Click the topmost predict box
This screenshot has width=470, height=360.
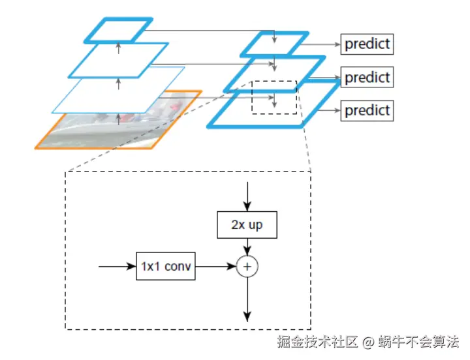pyautogui.click(x=368, y=44)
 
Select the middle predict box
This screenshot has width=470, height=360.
pyautogui.click(x=368, y=78)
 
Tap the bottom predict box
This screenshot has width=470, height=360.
pyautogui.click(x=368, y=110)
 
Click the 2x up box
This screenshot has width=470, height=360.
pyautogui.click(x=247, y=226)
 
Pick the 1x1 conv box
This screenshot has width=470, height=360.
pyautogui.click(x=166, y=266)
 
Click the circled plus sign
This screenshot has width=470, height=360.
pyautogui.click(x=247, y=266)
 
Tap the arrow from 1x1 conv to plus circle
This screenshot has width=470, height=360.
pyautogui.click(x=215, y=266)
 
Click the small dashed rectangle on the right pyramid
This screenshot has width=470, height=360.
pyautogui.click(x=274, y=97)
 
